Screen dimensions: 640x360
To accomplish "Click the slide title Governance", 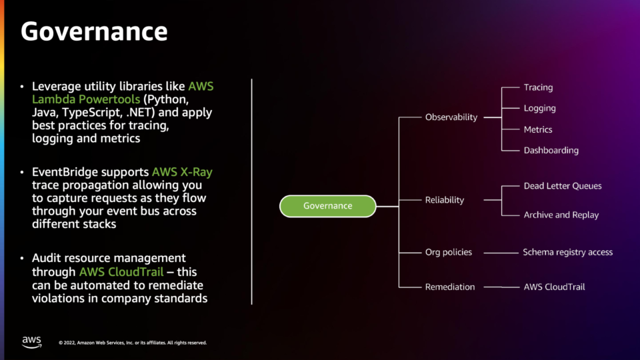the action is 94,31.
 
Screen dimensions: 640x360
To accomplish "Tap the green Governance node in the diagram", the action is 328,206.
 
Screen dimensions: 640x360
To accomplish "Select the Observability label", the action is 451,117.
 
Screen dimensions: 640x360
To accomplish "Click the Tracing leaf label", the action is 539,88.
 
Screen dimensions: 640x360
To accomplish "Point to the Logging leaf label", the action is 539,109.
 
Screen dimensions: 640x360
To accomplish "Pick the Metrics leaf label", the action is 538,130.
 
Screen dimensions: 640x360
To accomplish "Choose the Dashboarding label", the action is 551,151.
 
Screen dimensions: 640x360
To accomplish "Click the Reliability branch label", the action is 445,200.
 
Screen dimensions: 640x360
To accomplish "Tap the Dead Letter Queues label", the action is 563,186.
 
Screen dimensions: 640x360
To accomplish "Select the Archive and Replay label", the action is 561,215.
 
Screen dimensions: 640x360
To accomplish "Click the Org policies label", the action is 449,252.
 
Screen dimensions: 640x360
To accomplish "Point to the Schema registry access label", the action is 568,252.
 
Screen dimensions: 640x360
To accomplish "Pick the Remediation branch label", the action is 450,287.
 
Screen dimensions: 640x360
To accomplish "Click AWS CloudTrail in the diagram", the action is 554,287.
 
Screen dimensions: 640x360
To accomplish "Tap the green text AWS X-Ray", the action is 182,172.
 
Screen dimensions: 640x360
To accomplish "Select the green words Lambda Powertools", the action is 86,99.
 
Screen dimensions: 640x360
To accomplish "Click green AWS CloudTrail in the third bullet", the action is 121,272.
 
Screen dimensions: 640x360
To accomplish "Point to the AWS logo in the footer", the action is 32,342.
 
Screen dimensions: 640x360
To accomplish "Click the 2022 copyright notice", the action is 133,343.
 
